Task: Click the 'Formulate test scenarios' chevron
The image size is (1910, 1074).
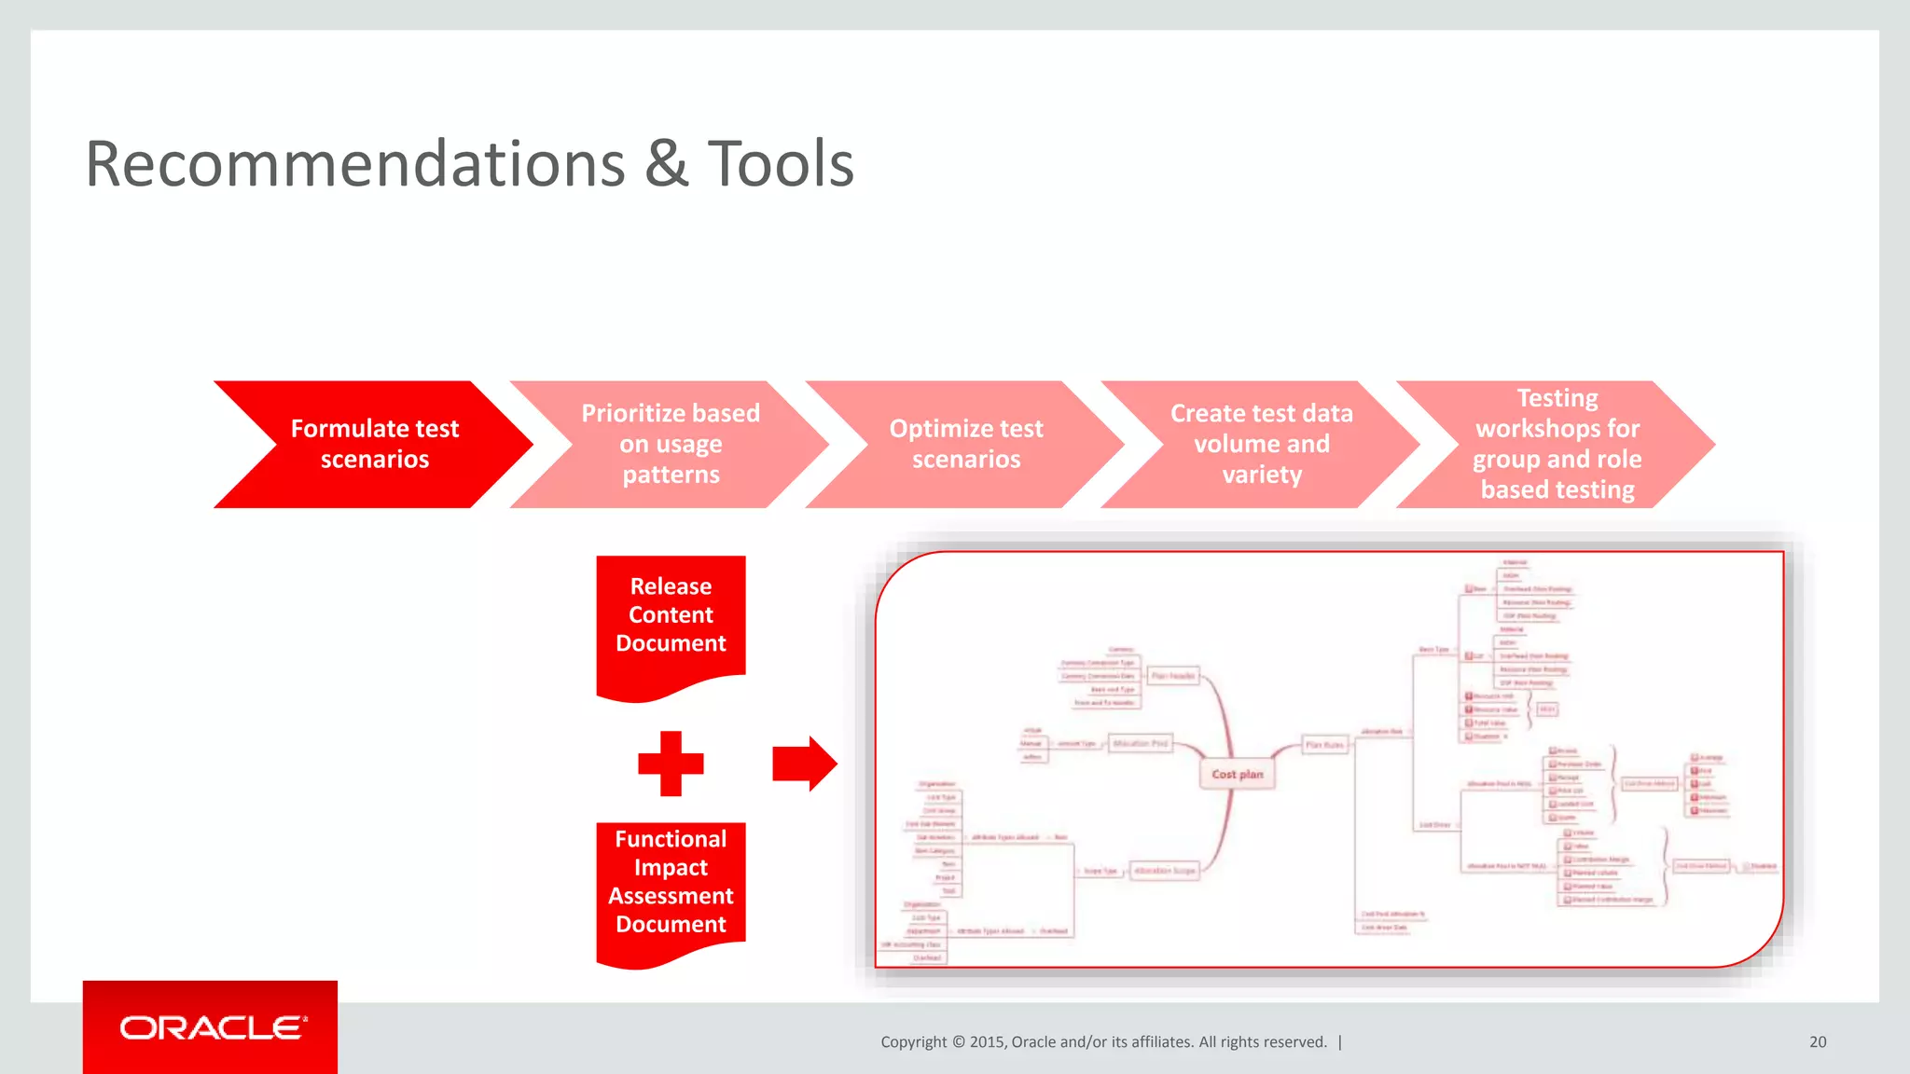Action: (374, 444)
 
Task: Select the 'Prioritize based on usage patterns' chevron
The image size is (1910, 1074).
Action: (671, 444)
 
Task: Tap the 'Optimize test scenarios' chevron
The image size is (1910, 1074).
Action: (966, 444)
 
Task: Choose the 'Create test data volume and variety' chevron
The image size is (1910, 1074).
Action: (1261, 444)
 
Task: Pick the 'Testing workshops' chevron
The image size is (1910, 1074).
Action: (1557, 444)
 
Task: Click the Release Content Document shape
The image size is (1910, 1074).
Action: (671, 620)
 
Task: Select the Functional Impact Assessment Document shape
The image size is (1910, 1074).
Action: (671, 886)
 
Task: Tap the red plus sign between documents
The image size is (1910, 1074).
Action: (671, 764)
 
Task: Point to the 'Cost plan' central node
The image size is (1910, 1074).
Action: (1237, 774)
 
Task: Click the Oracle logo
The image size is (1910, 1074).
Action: (211, 1027)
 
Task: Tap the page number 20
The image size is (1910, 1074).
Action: (1818, 1042)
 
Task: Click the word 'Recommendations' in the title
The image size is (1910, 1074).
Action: (354, 165)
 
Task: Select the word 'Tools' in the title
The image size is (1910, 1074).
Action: (781, 165)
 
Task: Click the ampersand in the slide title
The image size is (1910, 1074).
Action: (666, 165)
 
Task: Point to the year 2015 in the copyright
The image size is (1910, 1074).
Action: (988, 1042)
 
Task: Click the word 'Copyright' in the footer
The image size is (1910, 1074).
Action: (913, 1042)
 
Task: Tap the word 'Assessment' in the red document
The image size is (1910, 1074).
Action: (671, 896)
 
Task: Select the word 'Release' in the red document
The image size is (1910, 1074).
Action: (671, 586)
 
